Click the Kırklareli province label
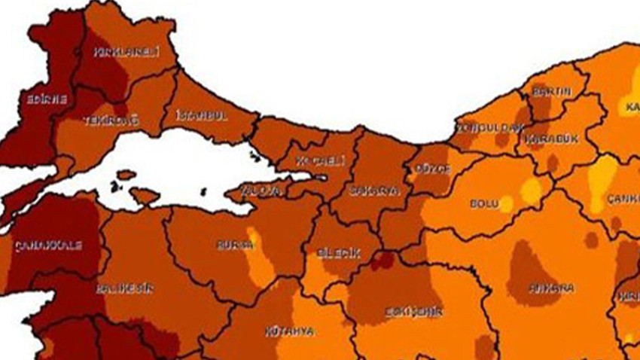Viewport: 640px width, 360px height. click(116, 52)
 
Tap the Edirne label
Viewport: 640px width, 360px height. click(47, 99)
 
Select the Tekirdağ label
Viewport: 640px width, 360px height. click(101, 121)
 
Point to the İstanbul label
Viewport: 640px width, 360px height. click(201, 115)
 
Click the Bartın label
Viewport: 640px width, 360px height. click(551, 92)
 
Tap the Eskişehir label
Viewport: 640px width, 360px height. click(413, 311)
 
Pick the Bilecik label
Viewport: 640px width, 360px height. click(339, 254)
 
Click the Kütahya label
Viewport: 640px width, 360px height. click(289, 331)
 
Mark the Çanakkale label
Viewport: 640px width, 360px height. click(47, 246)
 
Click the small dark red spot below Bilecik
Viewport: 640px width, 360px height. click(383, 260)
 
